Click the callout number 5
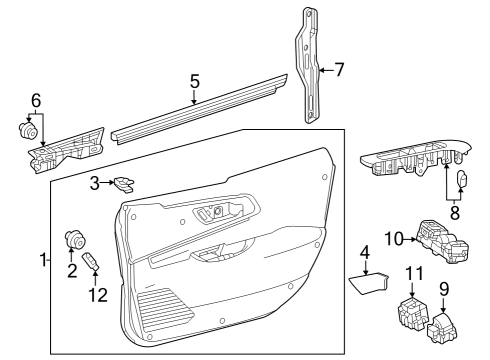point(195,79)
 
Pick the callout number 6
point(36,100)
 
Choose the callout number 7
point(339,70)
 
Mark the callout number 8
point(455,212)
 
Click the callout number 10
point(393,237)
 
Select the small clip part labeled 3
point(124,182)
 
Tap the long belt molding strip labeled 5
point(200,110)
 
